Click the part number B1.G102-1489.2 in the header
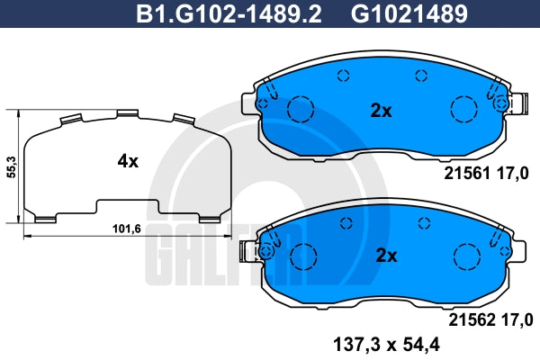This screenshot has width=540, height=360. tap(229, 14)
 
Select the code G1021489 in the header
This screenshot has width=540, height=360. tap(409, 14)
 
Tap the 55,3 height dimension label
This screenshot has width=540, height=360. tap(12, 167)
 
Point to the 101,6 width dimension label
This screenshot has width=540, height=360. tap(127, 229)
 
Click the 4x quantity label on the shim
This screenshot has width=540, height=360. tap(128, 161)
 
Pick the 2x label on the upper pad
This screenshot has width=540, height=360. tap(381, 111)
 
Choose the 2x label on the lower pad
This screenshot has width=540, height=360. tap(386, 256)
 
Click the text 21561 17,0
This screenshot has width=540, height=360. tap(486, 174)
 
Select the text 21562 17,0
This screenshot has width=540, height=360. tap(490, 320)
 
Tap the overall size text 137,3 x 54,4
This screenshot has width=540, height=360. tap(386, 344)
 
